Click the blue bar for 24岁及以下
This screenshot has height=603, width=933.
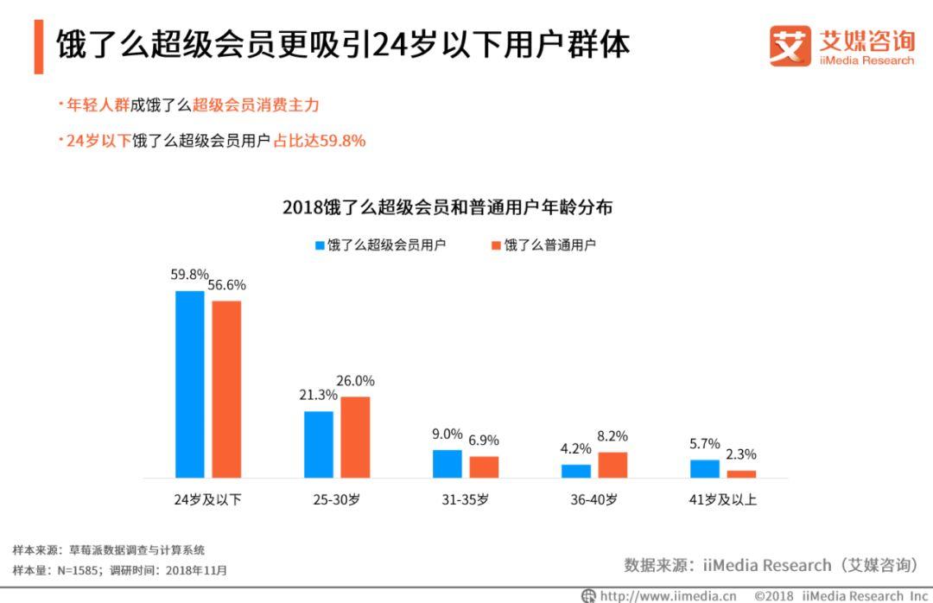pyautogui.click(x=190, y=384)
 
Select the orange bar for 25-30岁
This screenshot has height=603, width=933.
pyautogui.click(x=355, y=437)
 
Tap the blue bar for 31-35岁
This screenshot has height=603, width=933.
pyautogui.click(x=447, y=464)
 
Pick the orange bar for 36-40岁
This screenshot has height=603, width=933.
pyautogui.click(x=612, y=465)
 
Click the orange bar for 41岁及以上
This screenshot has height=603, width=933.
pyautogui.click(x=741, y=473)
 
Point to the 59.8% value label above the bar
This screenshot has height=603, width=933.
pyautogui.click(x=189, y=276)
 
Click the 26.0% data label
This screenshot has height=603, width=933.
pyautogui.click(x=356, y=381)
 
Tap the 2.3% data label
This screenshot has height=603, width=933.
pyautogui.click(x=741, y=454)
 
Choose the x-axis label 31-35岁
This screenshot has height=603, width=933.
pyautogui.click(x=466, y=499)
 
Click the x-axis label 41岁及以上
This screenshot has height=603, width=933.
pyautogui.click(x=723, y=499)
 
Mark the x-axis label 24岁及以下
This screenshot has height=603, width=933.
pyautogui.click(x=208, y=499)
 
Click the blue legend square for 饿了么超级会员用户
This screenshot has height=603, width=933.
pyautogui.click(x=320, y=245)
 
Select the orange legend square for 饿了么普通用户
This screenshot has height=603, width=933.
pyautogui.click(x=496, y=245)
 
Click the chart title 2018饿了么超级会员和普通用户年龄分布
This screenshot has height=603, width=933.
pyautogui.click(x=447, y=208)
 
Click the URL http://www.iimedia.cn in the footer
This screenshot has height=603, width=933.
pyautogui.click(x=668, y=595)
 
